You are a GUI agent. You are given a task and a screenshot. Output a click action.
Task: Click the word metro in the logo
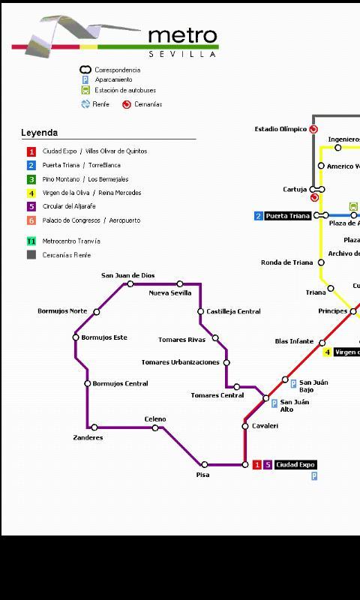tap(182, 36)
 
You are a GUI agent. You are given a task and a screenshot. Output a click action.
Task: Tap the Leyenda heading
tap(39, 133)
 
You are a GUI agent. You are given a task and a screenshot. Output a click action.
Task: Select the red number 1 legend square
tap(31, 151)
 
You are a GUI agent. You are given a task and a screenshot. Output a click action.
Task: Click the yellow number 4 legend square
tap(31, 193)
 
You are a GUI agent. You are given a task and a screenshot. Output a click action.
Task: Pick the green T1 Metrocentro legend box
tap(31, 241)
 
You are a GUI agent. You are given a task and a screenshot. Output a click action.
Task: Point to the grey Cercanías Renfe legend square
tap(31, 255)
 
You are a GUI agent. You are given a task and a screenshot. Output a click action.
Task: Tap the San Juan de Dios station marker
tap(130, 284)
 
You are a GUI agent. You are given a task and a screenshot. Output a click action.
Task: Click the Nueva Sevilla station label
tap(170, 293)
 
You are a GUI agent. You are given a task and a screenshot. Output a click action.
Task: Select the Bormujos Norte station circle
tap(96, 311)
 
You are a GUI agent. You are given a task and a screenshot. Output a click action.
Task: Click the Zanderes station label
tap(88, 437)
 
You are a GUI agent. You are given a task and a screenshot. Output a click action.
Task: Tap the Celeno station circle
tap(155, 428)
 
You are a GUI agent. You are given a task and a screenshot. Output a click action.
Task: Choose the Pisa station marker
tap(205, 465)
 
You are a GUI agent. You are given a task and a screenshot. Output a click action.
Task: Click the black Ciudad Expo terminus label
tap(295, 465)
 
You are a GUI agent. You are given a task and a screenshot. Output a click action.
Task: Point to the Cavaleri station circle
tap(245, 426)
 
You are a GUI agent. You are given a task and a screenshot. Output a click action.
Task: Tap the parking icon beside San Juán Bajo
tap(293, 383)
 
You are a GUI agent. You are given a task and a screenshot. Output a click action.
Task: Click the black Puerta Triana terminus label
tap(287, 216)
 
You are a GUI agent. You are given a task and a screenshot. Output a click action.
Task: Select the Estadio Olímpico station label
tap(280, 129)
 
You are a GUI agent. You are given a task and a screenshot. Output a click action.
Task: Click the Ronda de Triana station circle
tap(321, 262)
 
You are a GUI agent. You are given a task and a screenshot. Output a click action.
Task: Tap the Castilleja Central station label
tap(233, 311)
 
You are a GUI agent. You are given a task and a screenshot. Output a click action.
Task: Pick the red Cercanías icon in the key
tap(127, 104)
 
